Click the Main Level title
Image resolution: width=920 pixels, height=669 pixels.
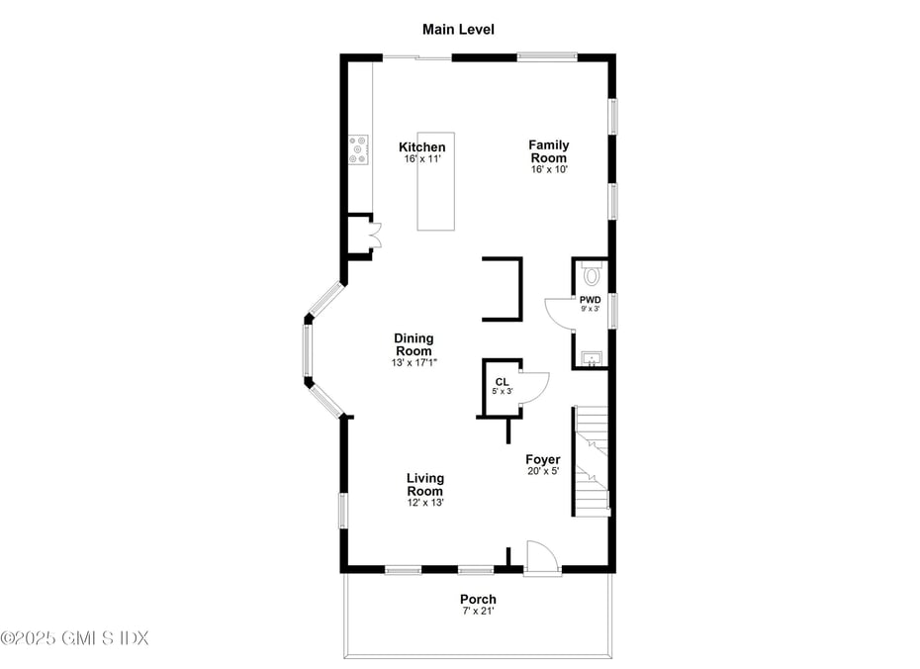click(x=458, y=30)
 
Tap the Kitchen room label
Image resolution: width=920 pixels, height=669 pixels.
click(x=422, y=147)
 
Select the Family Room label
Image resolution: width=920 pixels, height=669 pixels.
click(x=549, y=151)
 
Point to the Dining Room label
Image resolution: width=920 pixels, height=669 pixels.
click(x=414, y=344)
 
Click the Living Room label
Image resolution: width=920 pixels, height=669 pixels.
click(x=425, y=485)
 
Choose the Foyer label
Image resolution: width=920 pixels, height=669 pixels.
click(x=543, y=459)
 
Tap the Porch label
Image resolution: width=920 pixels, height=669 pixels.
click(x=478, y=599)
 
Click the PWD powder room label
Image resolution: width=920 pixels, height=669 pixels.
click(x=590, y=299)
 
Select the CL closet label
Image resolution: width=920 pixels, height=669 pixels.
click(x=503, y=381)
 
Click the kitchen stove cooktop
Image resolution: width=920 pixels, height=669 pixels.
click(x=358, y=149)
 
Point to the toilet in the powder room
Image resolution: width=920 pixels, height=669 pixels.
click(x=592, y=273)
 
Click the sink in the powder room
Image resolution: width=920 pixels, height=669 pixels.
click(x=591, y=357)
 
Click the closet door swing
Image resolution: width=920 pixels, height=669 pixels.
click(x=534, y=385)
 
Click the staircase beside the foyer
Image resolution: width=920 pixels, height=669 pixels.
click(x=593, y=460)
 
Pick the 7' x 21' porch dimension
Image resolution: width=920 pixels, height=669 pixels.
click(x=478, y=612)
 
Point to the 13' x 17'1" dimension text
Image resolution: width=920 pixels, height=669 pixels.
click(x=414, y=363)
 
